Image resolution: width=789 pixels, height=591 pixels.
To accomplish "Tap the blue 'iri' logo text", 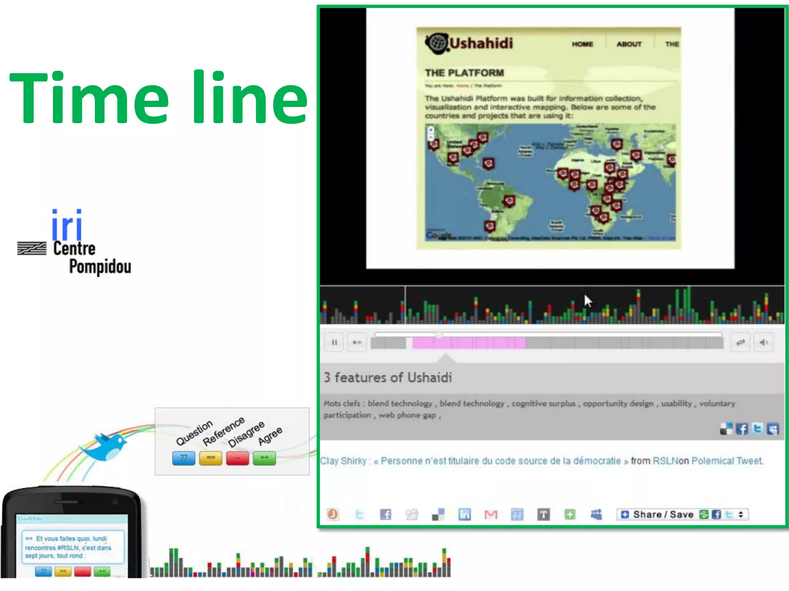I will click(x=67, y=225).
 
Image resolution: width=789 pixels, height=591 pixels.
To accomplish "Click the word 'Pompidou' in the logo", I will click(x=100, y=267).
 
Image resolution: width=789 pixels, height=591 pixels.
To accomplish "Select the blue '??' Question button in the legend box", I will click(x=183, y=458).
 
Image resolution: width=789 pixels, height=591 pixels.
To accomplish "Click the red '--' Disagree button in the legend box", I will click(x=237, y=458).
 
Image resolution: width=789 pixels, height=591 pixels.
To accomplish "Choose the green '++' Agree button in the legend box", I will click(x=264, y=458).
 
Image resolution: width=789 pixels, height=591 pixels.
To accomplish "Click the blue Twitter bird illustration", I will click(x=105, y=446).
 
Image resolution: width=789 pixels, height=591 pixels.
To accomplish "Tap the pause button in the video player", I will click(x=334, y=342).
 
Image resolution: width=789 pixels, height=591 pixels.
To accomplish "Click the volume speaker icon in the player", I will click(x=763, y=342).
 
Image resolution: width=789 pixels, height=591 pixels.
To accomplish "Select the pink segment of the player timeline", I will click(x=468, y=343).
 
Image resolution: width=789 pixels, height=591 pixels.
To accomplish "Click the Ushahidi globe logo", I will click(x=437, y=43).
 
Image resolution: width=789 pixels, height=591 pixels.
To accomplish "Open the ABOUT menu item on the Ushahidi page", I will click(x=629, y=44).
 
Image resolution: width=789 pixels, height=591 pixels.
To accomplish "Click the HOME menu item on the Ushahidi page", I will click(x=582, y=44).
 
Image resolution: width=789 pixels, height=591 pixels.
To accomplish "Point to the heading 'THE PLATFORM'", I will click(x=464, y=73).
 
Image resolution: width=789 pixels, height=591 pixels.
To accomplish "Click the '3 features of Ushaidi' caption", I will click(x=388, y=377).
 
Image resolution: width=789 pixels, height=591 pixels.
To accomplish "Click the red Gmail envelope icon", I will click(x=490, y=514).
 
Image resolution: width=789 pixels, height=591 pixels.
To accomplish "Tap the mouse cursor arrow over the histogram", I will click(x=587, y=300).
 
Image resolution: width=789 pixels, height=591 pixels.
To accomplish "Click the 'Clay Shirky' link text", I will click(x=343, y=461).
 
